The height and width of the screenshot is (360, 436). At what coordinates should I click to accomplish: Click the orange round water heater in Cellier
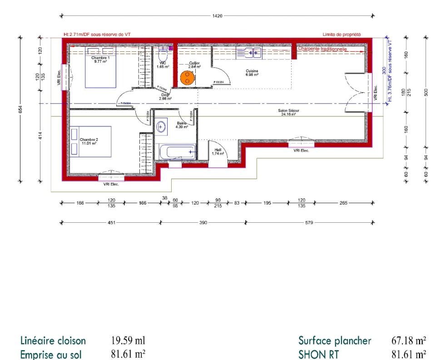click(187, 78)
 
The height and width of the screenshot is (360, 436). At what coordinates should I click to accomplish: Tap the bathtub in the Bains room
click(177, 152)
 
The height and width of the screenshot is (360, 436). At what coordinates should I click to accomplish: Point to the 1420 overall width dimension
click(218, 16)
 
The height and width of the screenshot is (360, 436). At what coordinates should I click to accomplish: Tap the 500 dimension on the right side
click(426, 92)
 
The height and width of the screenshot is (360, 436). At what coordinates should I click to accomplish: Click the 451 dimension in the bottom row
click(111, 223)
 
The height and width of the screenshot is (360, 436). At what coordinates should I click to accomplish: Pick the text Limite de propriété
click(341, 35)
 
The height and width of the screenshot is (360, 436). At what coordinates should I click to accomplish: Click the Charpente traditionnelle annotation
click(322, 49)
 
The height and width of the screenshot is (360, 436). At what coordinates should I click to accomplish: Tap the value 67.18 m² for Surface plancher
click(408, 340)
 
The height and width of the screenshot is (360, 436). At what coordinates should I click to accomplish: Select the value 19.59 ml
click(128, 340)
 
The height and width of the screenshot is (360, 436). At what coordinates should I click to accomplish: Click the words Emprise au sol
click(53, 355)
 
